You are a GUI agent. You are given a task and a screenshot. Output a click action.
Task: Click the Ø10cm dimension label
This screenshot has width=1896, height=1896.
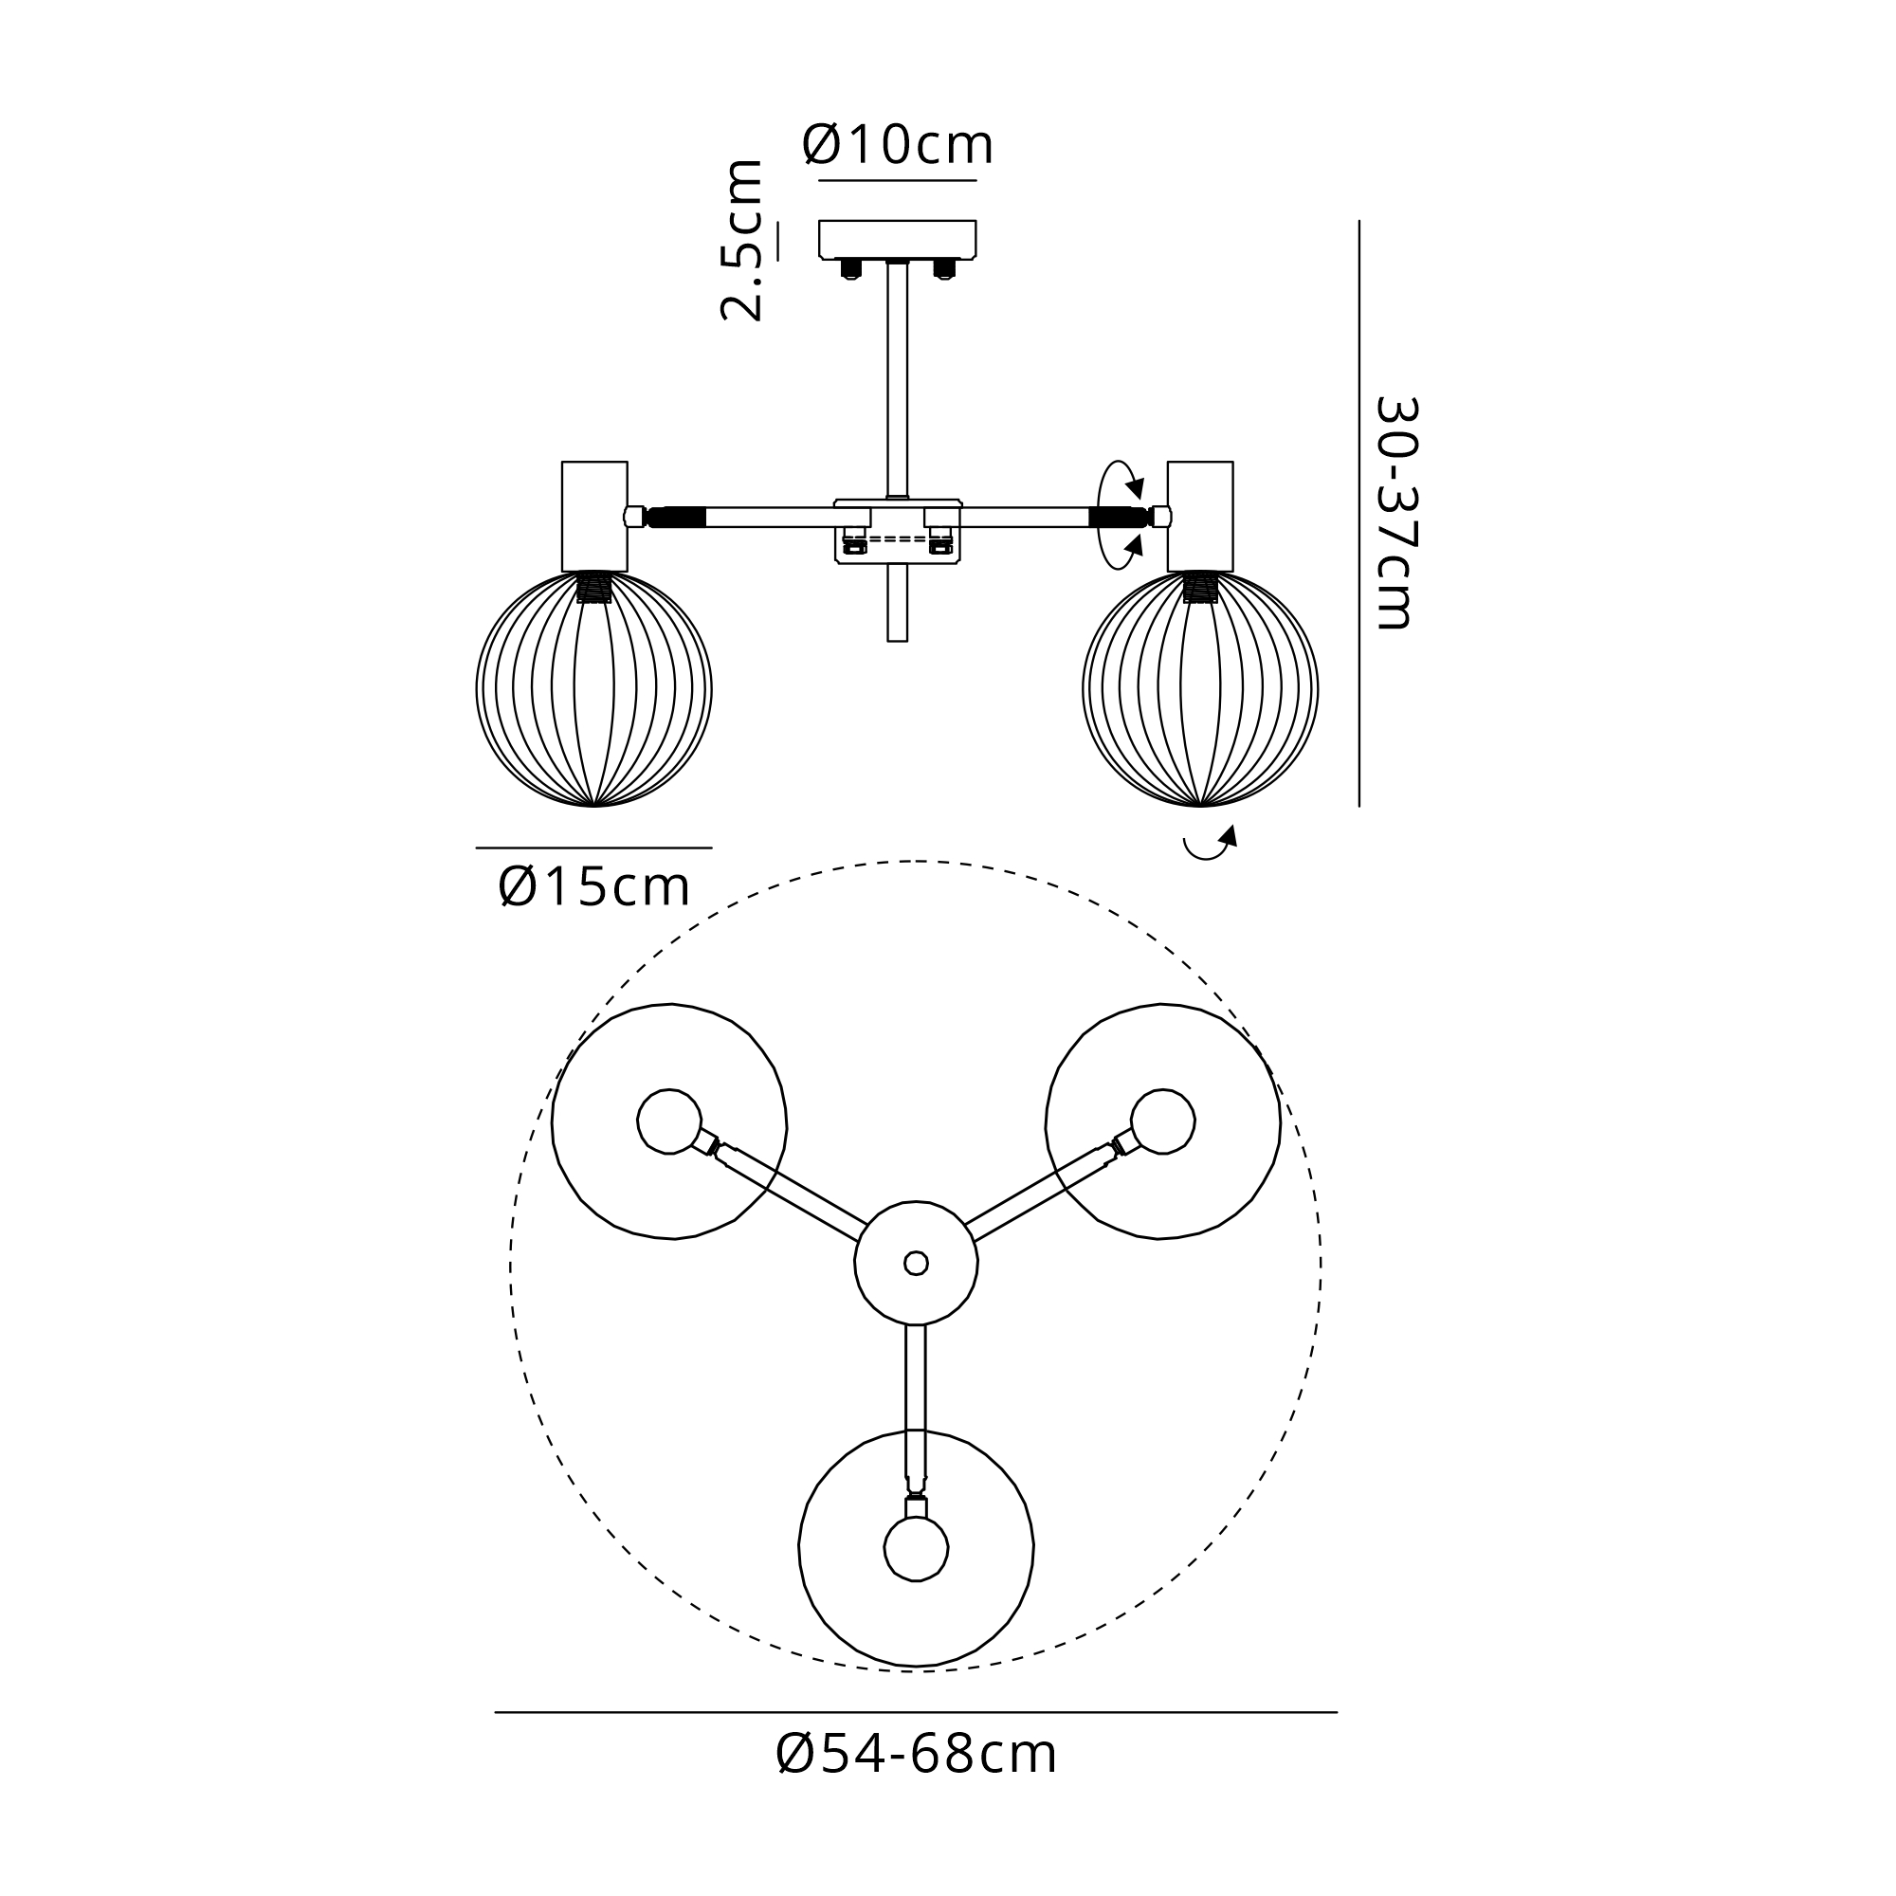pyautogui.click(x=898, y=145)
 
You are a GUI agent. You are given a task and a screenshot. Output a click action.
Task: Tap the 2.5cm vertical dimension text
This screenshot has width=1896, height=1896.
pyautogui.click(x=742, y=240)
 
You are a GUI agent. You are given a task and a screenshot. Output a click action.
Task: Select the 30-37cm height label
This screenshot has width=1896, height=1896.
pyautogui.click(x=1395, y=512)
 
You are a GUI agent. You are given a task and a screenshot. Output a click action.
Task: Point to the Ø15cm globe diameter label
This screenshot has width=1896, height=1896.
pyautogui.click(x=593, y=887)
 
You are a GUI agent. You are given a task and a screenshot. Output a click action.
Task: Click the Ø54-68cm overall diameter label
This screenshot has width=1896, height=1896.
pyautogui.click(x=917, y=1754)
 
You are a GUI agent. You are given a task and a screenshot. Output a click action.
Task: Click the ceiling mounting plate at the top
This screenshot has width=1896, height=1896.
pyautogui.click(x=898, y=240)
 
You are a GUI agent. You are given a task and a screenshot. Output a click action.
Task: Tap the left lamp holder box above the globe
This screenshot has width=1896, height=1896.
pyautogui.click(x=594, y=517)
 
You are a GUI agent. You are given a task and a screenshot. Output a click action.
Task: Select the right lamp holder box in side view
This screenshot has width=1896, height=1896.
pyautogui.click(x=1200, y=517)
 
